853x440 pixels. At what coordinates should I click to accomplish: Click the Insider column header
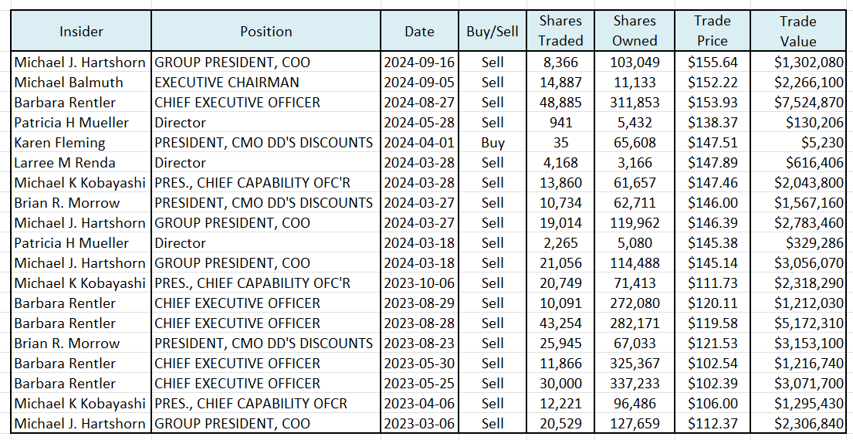pyautogui.click(x=81, y=32)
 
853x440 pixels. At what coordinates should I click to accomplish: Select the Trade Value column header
pyautogui.click(x=797, y=32)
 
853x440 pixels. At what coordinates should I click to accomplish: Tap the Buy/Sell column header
pyautogui.click(x=492, y=32)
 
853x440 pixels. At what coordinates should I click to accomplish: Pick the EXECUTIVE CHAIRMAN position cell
pyautogui.click(x=227, y=83)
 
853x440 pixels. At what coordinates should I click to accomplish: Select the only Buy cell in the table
pyautogui.click(x=492, y=143)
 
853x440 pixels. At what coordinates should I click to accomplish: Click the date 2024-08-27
pyautogui.click(x=419, y=103)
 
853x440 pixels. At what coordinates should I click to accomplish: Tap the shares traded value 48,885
pyautogui.click(x=560, y=103)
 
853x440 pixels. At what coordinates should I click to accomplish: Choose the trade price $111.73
pyautogui.click(x=712, y=283)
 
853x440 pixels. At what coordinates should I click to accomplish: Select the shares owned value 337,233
pyautogui.click(x=635, y=384)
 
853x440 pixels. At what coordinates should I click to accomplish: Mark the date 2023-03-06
pyautogui.click(x=419, y=424)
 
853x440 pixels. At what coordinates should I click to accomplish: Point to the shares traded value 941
pyautogui.click(x=560, y=123)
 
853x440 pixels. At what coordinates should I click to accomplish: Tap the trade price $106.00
pyautogui.click(x=712, y=404)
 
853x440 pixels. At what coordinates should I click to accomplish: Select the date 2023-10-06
pyautogui.click(x=419, y=283)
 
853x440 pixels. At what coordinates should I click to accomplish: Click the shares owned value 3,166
pyautogui.click(x=635, y=163)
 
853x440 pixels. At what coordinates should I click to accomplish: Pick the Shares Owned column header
pyautogui.click(x=635, y=32)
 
